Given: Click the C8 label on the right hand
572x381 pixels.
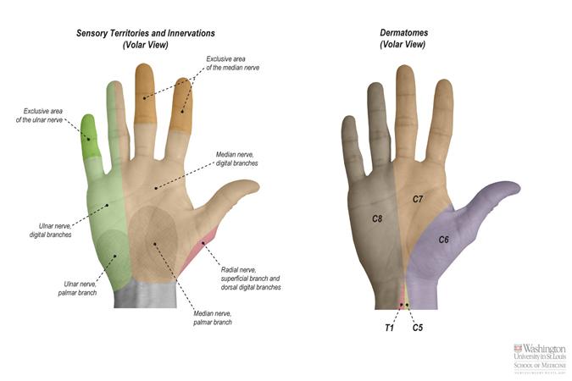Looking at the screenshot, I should point(378,218).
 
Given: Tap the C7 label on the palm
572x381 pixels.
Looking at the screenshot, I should point(418,200).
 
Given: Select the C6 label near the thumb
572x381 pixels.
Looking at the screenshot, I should point(443,240).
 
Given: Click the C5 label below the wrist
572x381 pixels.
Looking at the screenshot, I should point(418,326).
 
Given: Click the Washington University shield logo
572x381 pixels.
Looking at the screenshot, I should point(518,349).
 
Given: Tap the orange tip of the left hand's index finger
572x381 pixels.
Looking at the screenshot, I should point(181,102).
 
